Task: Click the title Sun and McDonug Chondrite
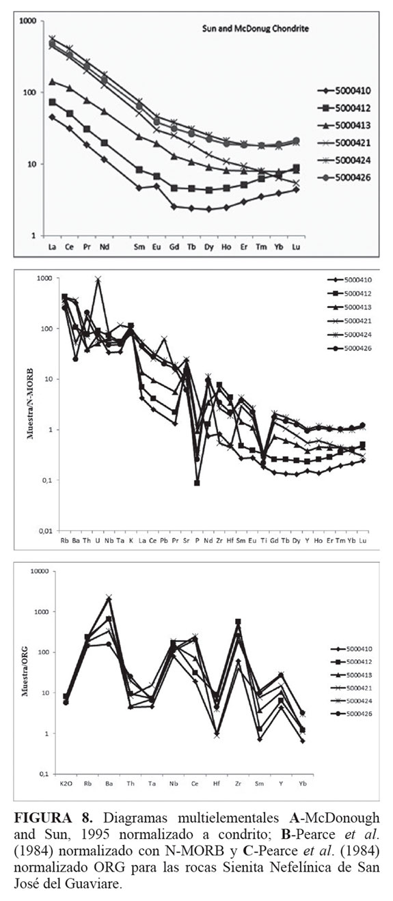click(x=256, y=29)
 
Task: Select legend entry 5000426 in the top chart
click(x=344, y=178)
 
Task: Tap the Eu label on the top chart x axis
click(x=157, y=247)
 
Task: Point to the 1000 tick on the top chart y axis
click(x=28, y=21)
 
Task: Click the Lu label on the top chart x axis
click(x=296, y=247)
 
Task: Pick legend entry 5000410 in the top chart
click(x=344, y=90)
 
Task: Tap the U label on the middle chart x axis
click(x=98, y=540)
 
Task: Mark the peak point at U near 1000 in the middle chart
click(x=98, y=279)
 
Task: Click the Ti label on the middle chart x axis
click(x=264, y=540)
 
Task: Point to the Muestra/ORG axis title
click(x=25, y=671)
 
